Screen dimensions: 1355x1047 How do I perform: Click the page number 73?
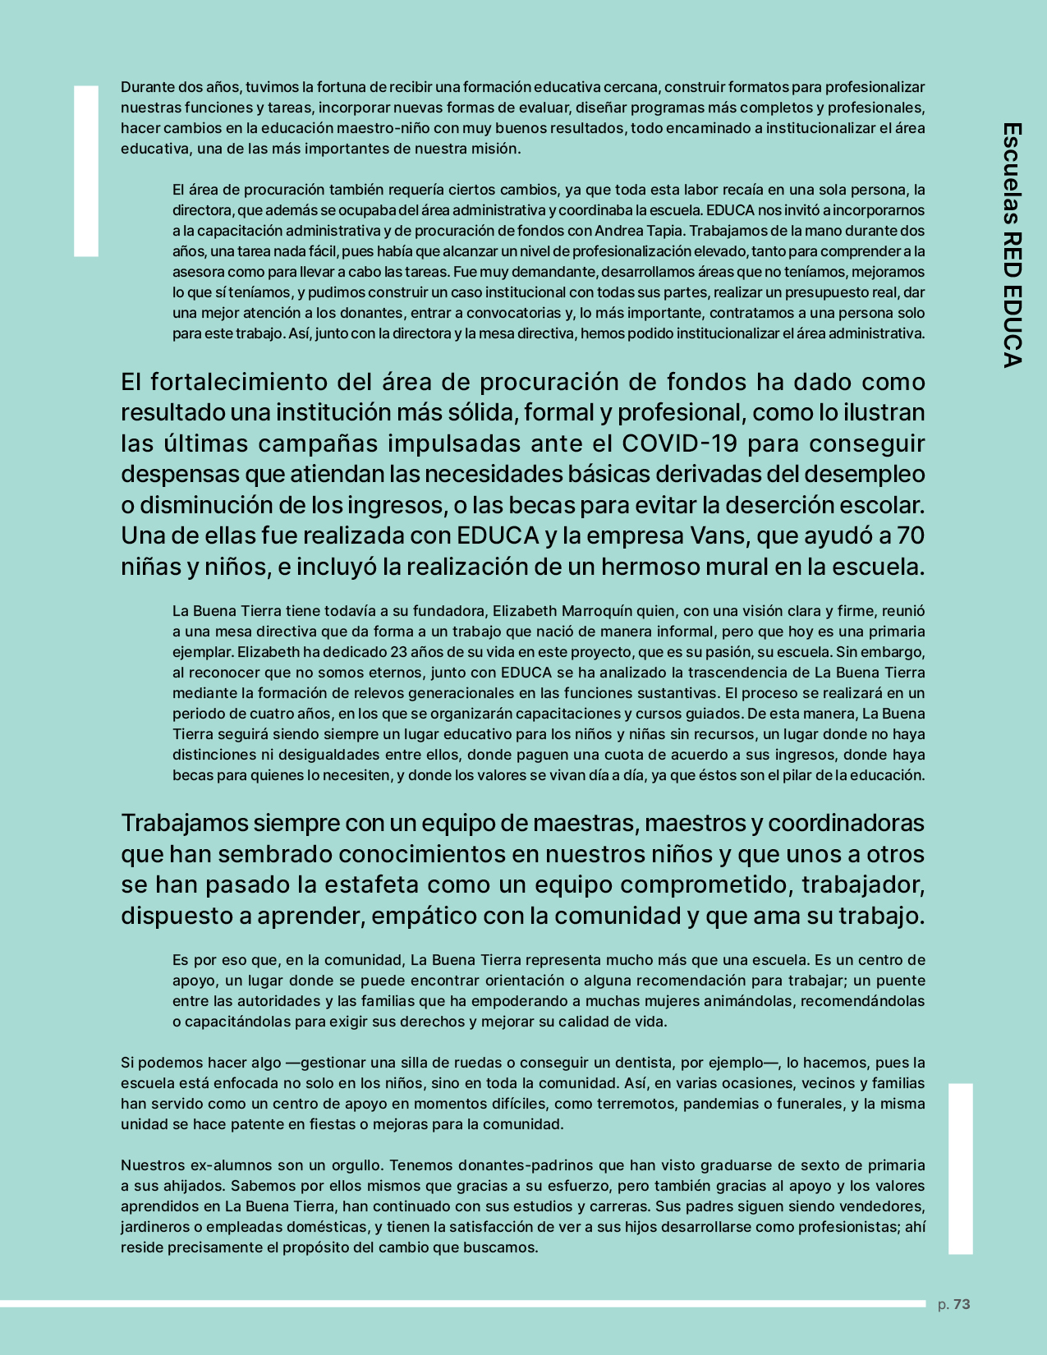pos(962,1304)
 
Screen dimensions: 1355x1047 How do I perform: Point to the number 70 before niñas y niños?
pos(911,535)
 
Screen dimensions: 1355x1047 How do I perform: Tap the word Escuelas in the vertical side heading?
pos(1013,173)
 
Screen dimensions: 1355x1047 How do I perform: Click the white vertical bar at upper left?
pos(86,171)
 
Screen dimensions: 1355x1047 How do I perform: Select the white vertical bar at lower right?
pos(960,1169)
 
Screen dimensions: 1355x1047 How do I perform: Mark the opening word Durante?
pos(147,87)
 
